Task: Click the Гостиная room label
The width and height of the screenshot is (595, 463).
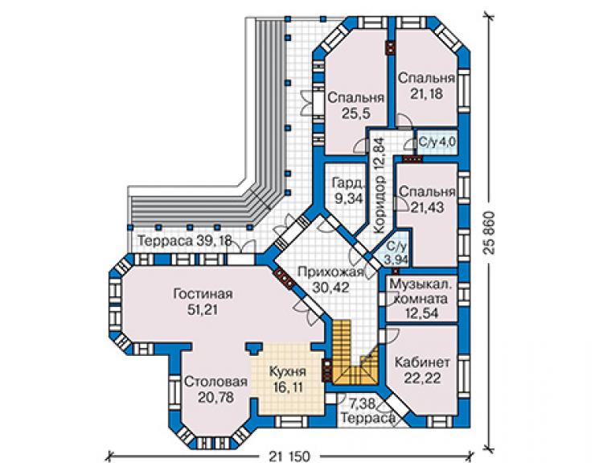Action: coord(203,294)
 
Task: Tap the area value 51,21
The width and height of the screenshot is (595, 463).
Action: coord(203,310)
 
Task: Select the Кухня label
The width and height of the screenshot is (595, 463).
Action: coord(288,371)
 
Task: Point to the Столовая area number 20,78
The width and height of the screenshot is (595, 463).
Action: coord(215,398)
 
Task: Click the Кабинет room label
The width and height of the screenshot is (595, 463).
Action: coord(422,362)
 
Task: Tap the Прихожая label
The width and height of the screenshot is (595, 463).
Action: coord(331,272)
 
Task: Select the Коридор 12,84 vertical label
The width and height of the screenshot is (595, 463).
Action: coord(380,186)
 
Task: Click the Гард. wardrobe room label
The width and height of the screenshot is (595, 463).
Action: coord(348,183)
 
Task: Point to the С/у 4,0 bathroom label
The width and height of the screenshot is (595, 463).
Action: coord(437,143)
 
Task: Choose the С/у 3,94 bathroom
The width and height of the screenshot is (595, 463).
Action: coord(396,253)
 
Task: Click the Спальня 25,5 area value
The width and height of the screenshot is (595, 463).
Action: coord(355,114)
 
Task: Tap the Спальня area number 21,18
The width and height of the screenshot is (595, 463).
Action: coord(426,93)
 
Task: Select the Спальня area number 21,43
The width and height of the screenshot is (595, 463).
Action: coord(427,207)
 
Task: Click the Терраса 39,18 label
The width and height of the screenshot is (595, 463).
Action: coord(184,241)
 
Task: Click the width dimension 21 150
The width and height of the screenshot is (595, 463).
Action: coord(290,456)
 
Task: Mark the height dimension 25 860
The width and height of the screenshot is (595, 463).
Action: coord(490,233)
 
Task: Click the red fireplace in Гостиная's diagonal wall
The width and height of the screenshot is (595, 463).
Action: coord(284,279)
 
